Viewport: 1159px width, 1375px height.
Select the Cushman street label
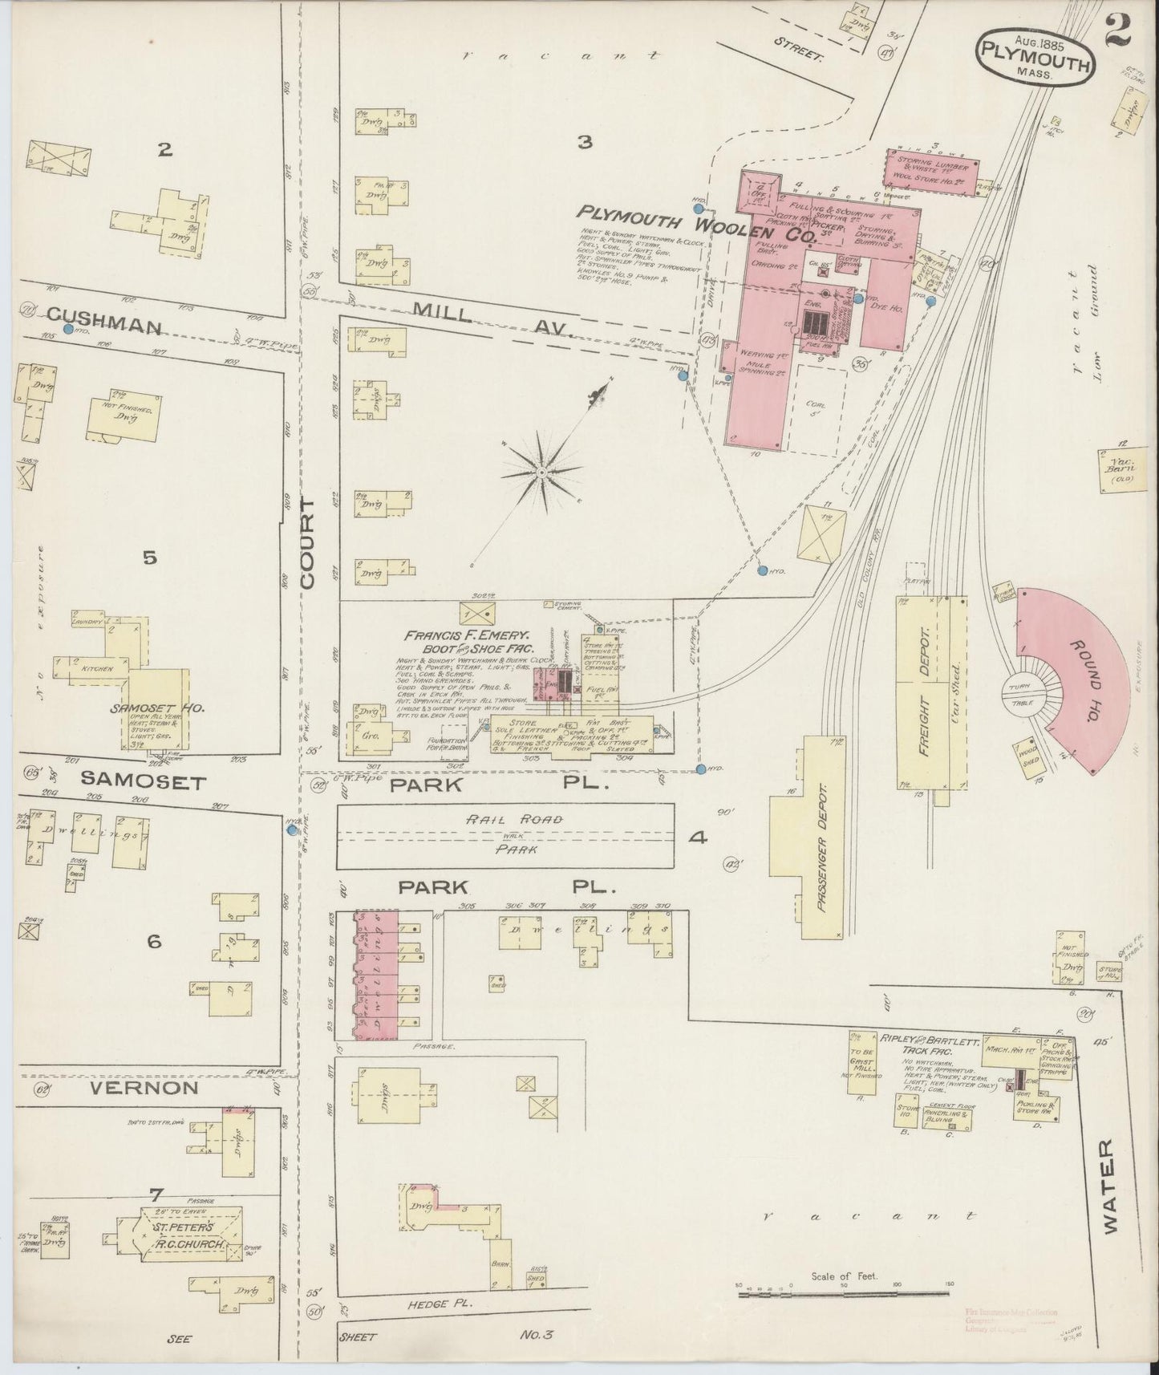(x=104, y=328)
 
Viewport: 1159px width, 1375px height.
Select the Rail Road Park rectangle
(x=505, y=837)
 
